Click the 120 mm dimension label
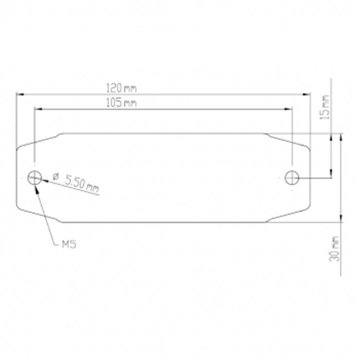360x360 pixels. (x=121, y=88)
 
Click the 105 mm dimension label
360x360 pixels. (x=121, y=103)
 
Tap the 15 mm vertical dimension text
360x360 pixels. (x=325, y=107)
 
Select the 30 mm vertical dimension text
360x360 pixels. (x=334, y=249)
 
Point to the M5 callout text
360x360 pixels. (x=69, y=244)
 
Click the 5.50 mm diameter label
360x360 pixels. (x=82, y=184)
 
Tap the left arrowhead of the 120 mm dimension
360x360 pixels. (x=20, y=94)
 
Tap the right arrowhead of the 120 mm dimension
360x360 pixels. (x=307, y=94)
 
